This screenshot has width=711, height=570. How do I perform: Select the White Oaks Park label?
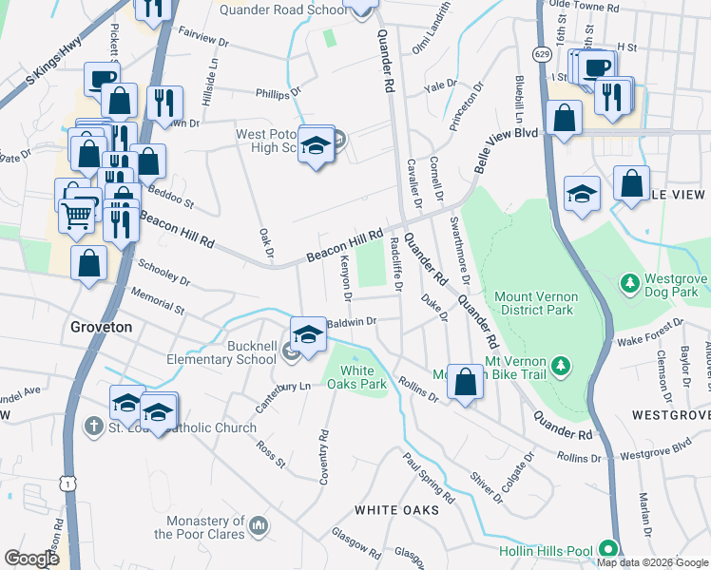click(356, 377)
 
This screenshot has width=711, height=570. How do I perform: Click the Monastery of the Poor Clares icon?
click(258, 525)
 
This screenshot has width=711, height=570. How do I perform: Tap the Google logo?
click(32, 559)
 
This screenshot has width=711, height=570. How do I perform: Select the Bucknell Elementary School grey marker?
click(291, 353)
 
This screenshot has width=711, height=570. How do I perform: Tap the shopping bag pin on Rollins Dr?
click(465, 382)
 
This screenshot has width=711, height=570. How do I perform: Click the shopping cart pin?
click(77, 215)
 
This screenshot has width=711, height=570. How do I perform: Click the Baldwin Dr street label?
click(352, 322)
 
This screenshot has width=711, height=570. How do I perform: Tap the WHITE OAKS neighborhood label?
click(396, 510)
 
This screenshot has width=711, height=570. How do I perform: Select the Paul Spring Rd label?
click(428, 478)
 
